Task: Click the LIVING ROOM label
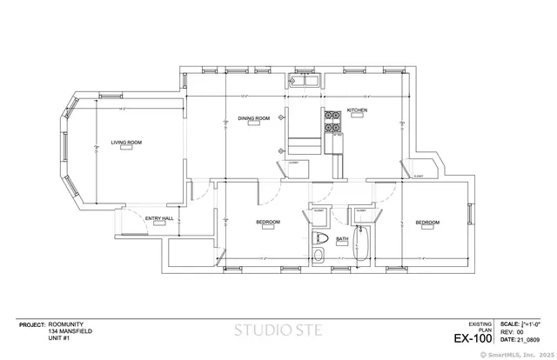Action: tap(126, 142)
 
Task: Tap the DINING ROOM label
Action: tap(254, 118)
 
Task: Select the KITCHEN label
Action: tap(358, 110)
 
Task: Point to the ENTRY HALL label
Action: tap(159, 217)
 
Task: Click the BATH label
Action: tap(342, 238)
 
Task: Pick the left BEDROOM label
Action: tap(268, 223)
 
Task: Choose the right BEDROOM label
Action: tap(427, 223)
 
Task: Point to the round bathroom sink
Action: tap(319, 255)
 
